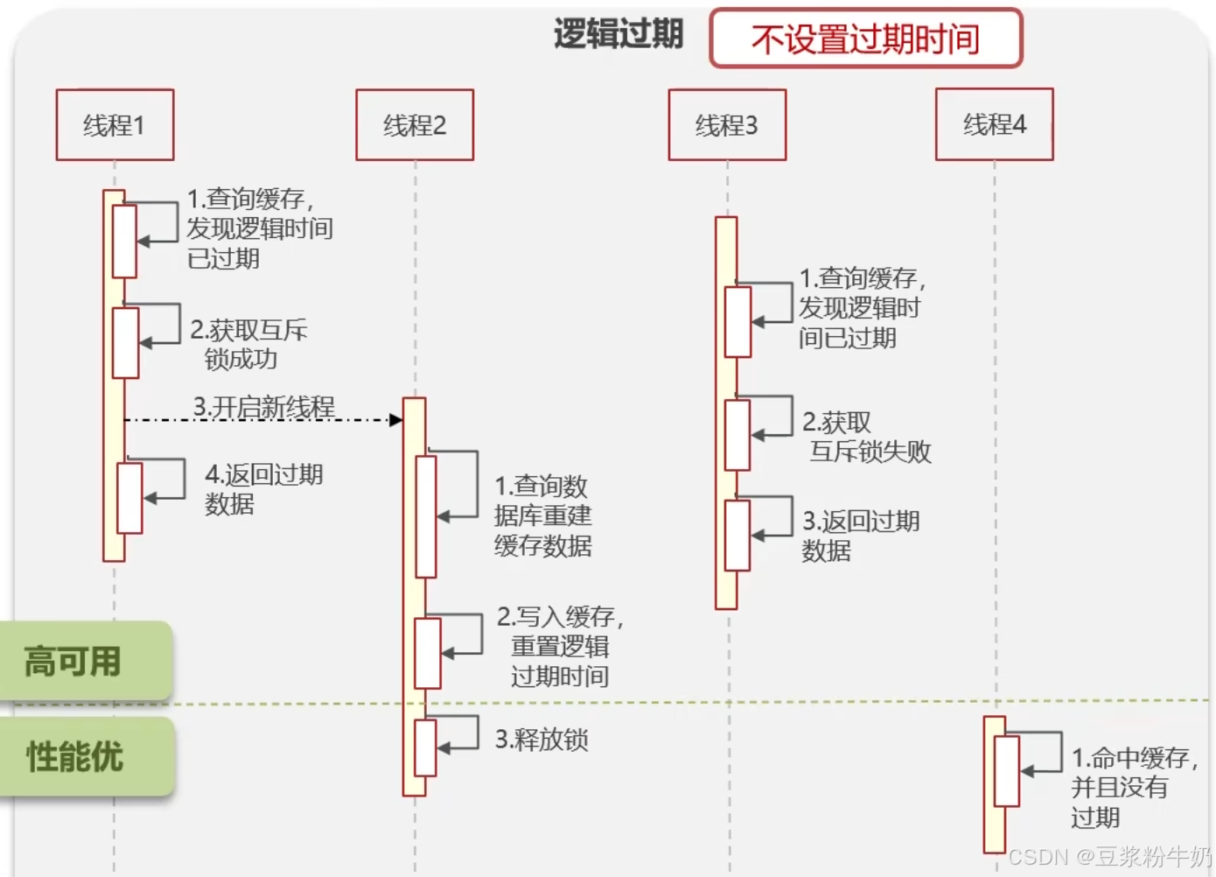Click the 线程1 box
[x=115, y=125]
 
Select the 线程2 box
[x=415, y=125]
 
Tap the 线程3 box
[x=727, y=125]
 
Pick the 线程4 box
[x=994, y=124]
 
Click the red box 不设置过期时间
[x=865, y=39]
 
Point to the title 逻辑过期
[x=618, y=35]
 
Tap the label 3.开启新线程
[x=264, y=407]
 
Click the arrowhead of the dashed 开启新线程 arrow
[x=396, y=420]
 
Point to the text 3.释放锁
[x=542, y=740]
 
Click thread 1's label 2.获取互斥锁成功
[x=247, y=344]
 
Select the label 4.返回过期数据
[x=262, y=488]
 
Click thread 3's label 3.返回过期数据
[x=860, y=536]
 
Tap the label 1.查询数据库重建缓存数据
[x=542, y=516]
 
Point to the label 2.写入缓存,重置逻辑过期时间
[x=560, y=646]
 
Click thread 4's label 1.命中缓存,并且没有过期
[x=1133, y=786]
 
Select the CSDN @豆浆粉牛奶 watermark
[x=1109, y=856]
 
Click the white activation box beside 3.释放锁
[x=425, y=747]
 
